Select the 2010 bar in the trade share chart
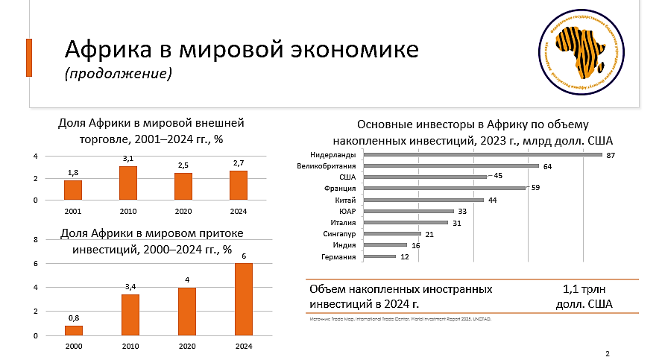128,183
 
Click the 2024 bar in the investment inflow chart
244,300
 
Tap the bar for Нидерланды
482,155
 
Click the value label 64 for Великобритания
547,166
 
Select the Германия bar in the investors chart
379,256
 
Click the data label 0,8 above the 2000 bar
74,318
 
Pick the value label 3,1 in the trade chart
128,159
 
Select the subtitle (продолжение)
119,74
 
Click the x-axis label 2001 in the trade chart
73,211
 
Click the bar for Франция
445,189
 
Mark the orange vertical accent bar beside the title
29,57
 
